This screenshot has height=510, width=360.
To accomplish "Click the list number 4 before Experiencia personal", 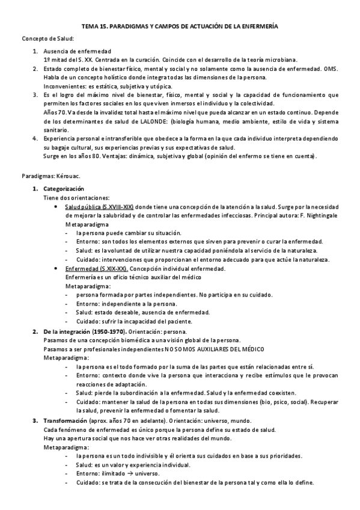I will point(35,138).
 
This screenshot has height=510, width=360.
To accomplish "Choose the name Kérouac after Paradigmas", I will point(69,178).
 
